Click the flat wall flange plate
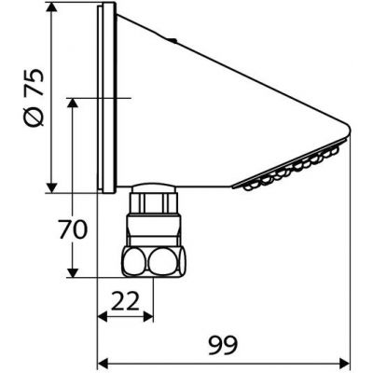pos(105,98)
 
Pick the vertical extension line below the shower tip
pos(351,252)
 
